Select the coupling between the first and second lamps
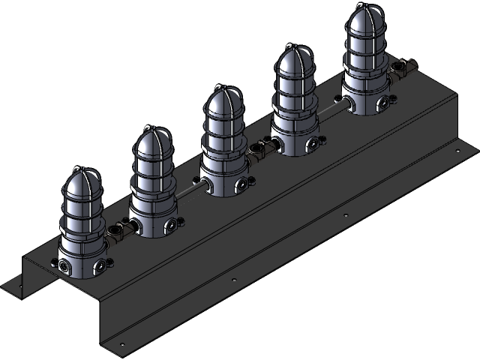118,233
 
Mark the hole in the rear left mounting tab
14,286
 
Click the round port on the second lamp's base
172,222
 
